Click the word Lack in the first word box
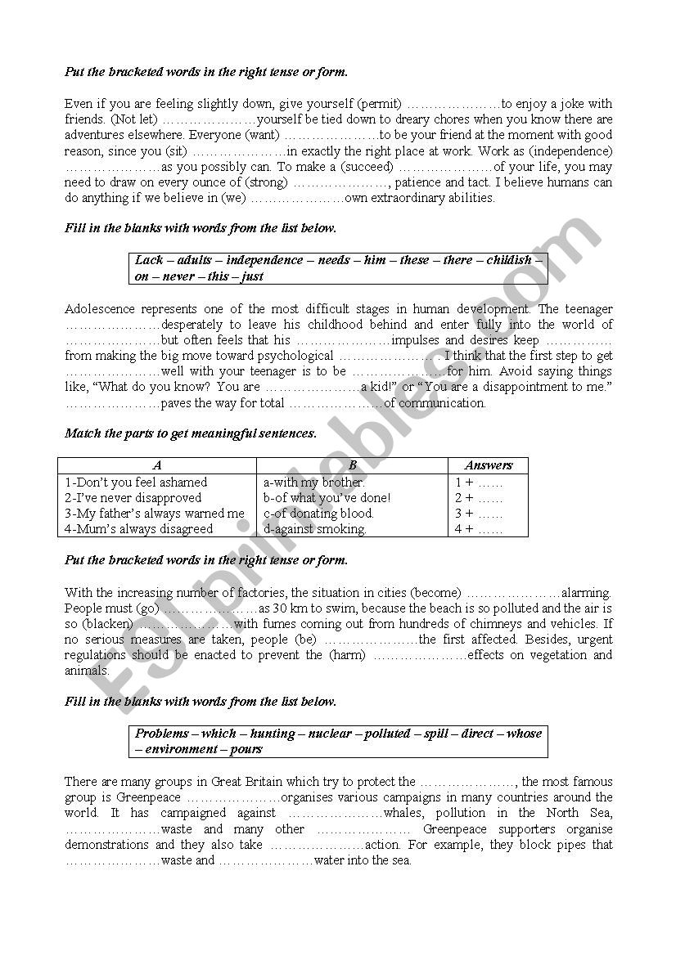point(150,260)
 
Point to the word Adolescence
point(100,309)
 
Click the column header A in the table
point(157,465)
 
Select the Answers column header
point(488,465)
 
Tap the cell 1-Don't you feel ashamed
point(137,482)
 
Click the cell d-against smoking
point(315,529)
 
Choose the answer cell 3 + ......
point(479,514)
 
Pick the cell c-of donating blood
point(318,514)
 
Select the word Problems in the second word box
point(162,734)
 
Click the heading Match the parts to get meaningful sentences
point(190,433)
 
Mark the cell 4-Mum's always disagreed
point(139,529)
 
